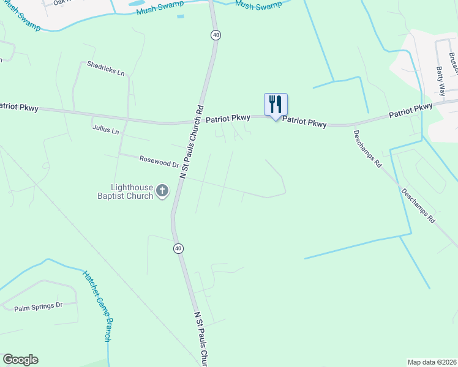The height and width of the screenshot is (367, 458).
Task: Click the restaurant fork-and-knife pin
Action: [x=276, y=105]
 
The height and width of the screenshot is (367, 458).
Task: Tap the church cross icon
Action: [x=162, y=191]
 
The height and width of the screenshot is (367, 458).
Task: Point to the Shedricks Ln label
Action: [x=105, y=68]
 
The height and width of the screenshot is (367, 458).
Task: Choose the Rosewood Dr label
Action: [x=159, y=161]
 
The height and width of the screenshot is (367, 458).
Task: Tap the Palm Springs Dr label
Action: [x=39, y=305]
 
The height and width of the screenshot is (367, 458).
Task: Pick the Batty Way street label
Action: [x=441, y=81]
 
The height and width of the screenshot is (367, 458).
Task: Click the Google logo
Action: [x=20, y=360]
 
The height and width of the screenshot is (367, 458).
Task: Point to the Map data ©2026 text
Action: [x=432, y=361]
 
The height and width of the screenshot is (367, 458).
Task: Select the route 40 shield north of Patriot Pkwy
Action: [x=216, y=35]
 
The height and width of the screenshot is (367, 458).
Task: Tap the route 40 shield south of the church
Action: [x=178, y=248]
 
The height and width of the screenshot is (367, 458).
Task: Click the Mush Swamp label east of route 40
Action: [x=258, y=6]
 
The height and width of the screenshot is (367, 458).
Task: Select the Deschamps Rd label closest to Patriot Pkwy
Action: [x=367, y=147]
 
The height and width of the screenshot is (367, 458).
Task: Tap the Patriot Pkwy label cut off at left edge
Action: [x=18, y=107]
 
